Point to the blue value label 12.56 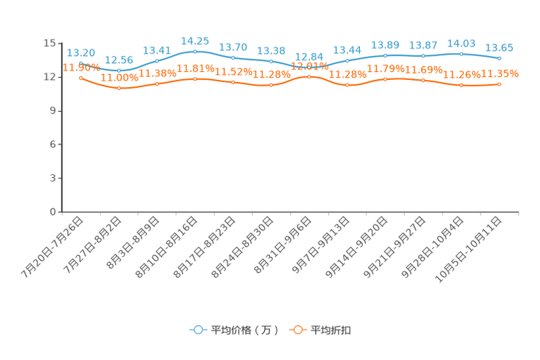point(119,60)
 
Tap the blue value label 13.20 point(81,52)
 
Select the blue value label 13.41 point(157,50)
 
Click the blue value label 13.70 point(233,47)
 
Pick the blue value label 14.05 point(462,44)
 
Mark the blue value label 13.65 point(499,48)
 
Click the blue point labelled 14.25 point(195,52)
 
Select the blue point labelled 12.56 point(119,70)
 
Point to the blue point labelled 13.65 point(499,58)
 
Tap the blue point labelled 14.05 point(462,54)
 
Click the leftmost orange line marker point(81,77)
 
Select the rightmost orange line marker point(499,84)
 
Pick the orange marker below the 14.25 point point(195,78)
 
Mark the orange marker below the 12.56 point point(119,88)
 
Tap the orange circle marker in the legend point(298,330)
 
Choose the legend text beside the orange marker point(331,330)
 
